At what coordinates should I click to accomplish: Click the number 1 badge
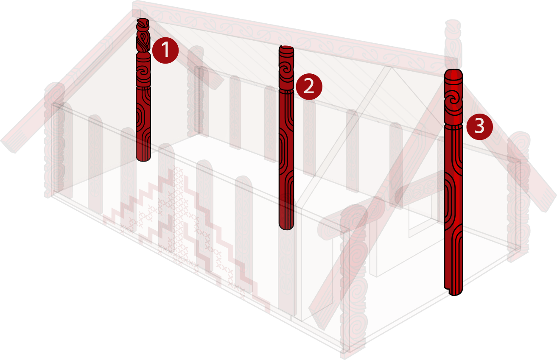165,50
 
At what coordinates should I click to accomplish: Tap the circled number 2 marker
309,87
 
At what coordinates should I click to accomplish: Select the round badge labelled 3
479,126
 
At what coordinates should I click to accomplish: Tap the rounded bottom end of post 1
143,158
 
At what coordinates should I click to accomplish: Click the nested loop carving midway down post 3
451,201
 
